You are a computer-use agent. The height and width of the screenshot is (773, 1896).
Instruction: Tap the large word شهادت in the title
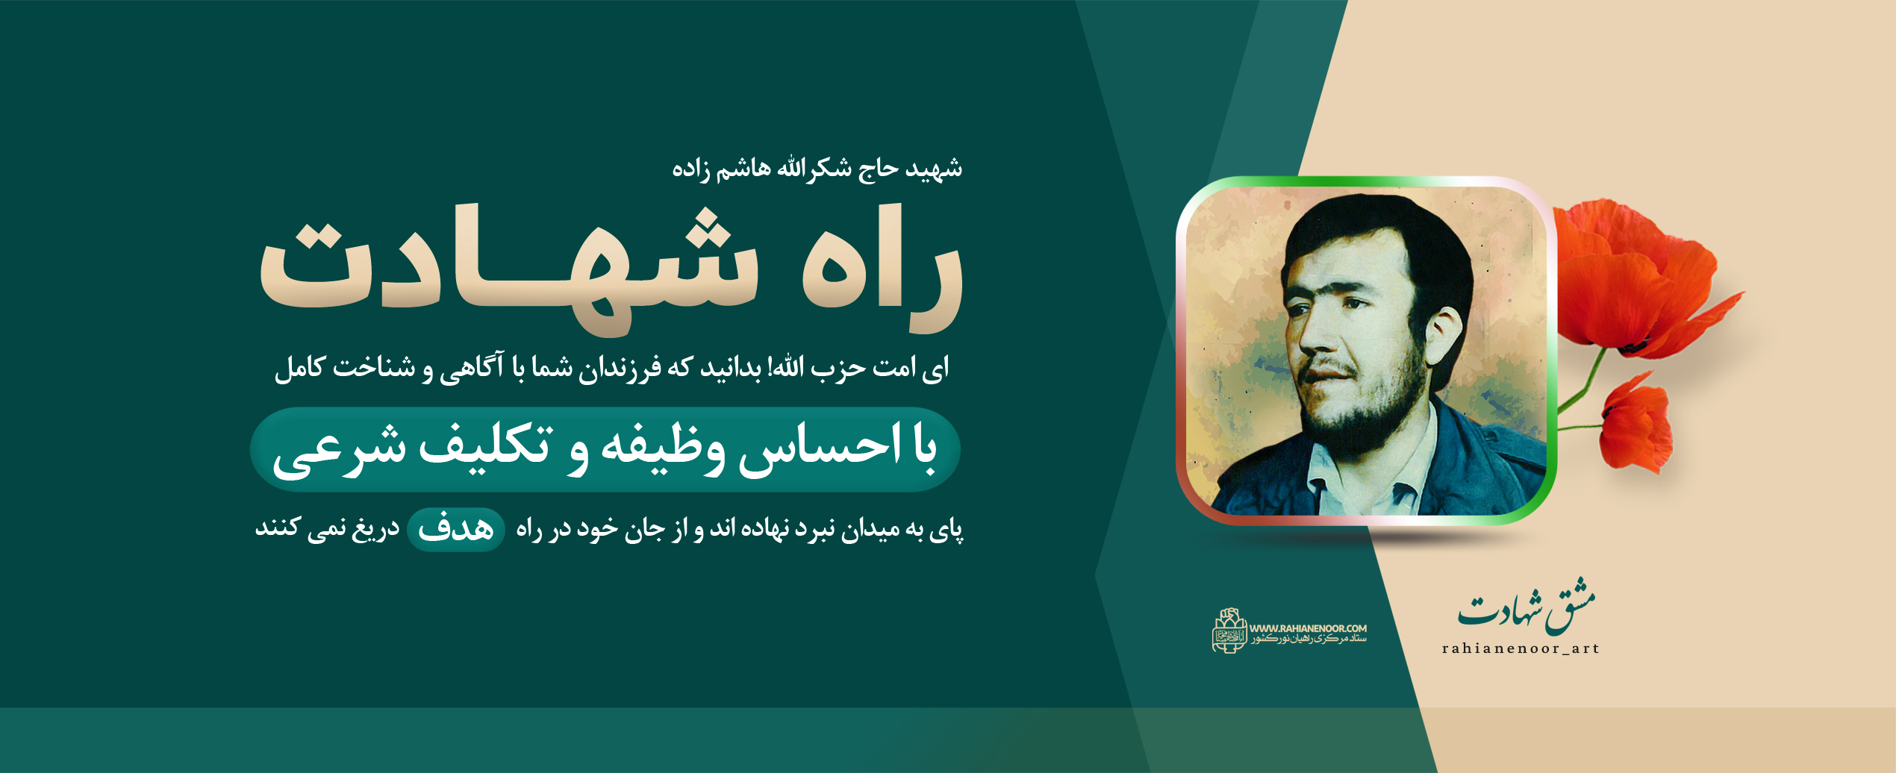coord(508,269)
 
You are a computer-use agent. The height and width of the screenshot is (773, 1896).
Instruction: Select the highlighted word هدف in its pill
coord(456,530)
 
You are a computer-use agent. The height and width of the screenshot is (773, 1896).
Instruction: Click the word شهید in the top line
coord(934,169)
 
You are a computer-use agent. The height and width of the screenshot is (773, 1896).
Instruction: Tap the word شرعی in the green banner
coord(340,451)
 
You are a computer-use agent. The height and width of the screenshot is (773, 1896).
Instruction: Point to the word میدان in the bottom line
coord(870,530)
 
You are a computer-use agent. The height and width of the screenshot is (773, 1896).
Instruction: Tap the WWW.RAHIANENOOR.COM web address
coord(1308,628)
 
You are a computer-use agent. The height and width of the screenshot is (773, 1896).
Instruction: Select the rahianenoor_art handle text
coord(1521,649)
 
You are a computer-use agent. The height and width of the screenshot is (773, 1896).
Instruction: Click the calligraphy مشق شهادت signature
coord(1526,608)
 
